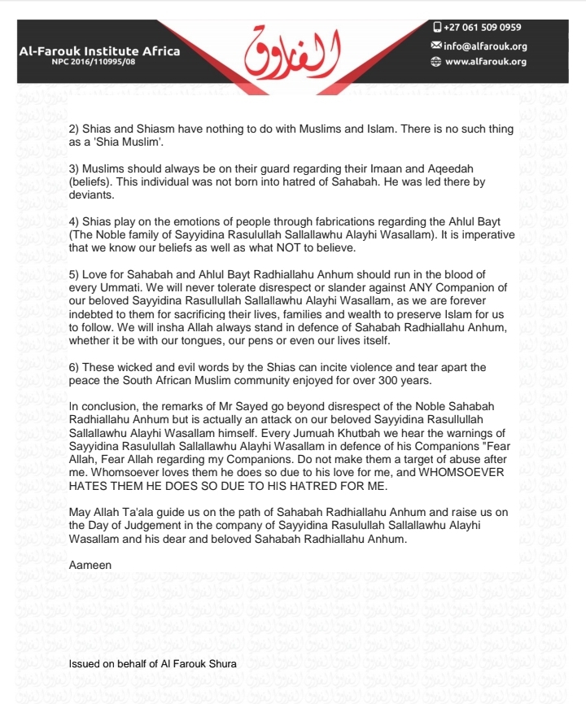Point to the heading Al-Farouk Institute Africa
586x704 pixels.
99,52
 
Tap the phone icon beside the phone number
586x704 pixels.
437,27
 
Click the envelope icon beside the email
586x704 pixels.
437,46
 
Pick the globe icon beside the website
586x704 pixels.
437,61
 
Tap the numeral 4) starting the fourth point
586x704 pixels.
75,221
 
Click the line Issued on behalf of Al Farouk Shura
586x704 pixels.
152,663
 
